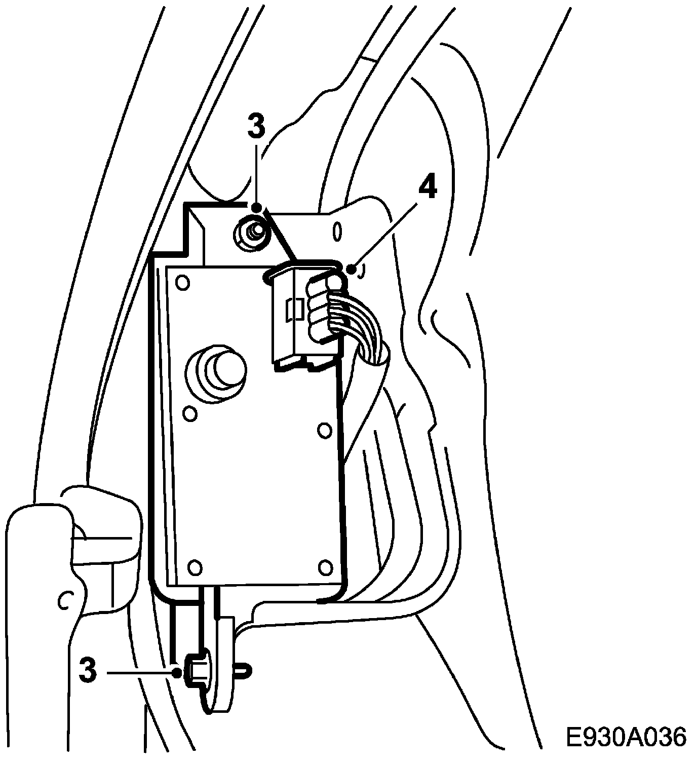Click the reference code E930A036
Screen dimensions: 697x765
pyautogui.click(x=626, y=737)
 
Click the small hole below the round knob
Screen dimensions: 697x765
pyautogui.click(x=189, y=414)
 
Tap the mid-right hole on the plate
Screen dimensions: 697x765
pyautogui.click(x=324, y=430)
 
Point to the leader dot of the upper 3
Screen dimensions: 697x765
pyautogui.click(x=257, y=207)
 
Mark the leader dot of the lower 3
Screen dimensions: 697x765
pyautogui.click(x=176, y=673)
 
